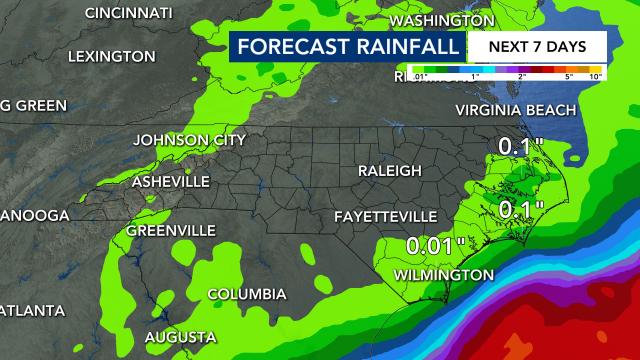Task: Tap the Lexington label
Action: (111, 57)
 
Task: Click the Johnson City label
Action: (190, 139)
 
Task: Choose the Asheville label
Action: (171, 181)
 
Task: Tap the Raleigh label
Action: (389, 171)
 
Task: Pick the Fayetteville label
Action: (387, 216)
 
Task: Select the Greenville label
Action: (170, 230)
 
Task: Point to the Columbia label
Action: (246, 293)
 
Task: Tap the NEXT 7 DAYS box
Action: (535, 46)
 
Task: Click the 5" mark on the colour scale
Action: (568, 76)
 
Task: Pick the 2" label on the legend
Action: (521, 76)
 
